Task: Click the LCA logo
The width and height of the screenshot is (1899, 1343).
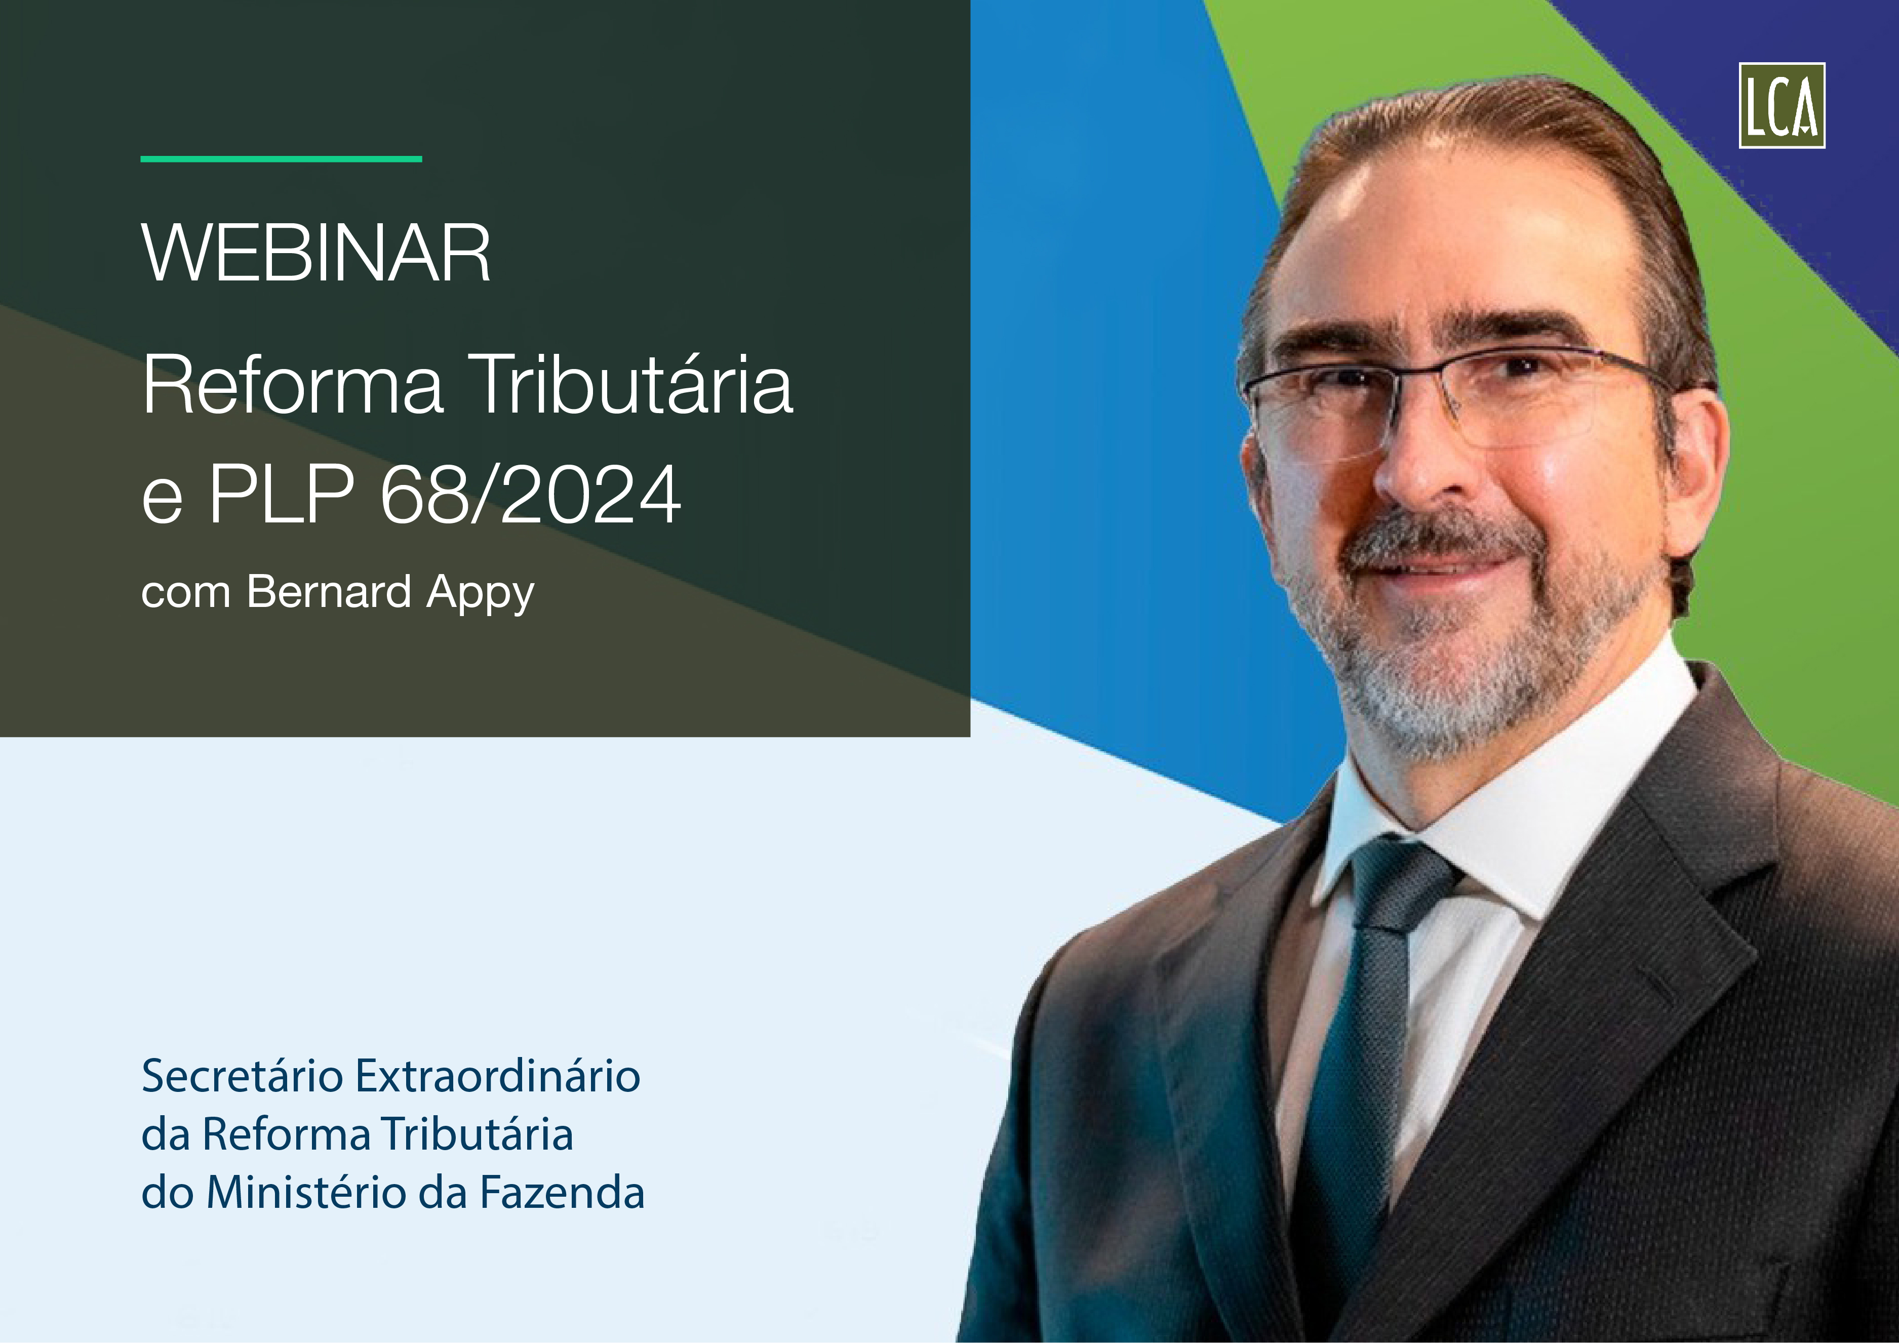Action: click(x=1782, y=105)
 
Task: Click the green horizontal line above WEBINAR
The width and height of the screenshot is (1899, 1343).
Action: click(x=281, y=159)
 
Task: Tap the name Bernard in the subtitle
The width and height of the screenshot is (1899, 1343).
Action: click(x=329, y=592)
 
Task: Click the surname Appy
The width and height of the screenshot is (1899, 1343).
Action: click(x=481, y=595)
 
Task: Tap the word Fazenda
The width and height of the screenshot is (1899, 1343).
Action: click(x=563, y=1193)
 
